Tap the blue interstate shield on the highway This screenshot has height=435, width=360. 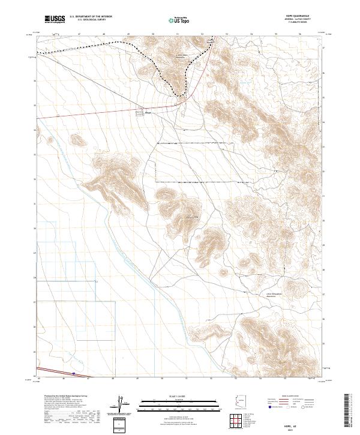(74, 373)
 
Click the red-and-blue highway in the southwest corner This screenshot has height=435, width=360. (54, 371)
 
